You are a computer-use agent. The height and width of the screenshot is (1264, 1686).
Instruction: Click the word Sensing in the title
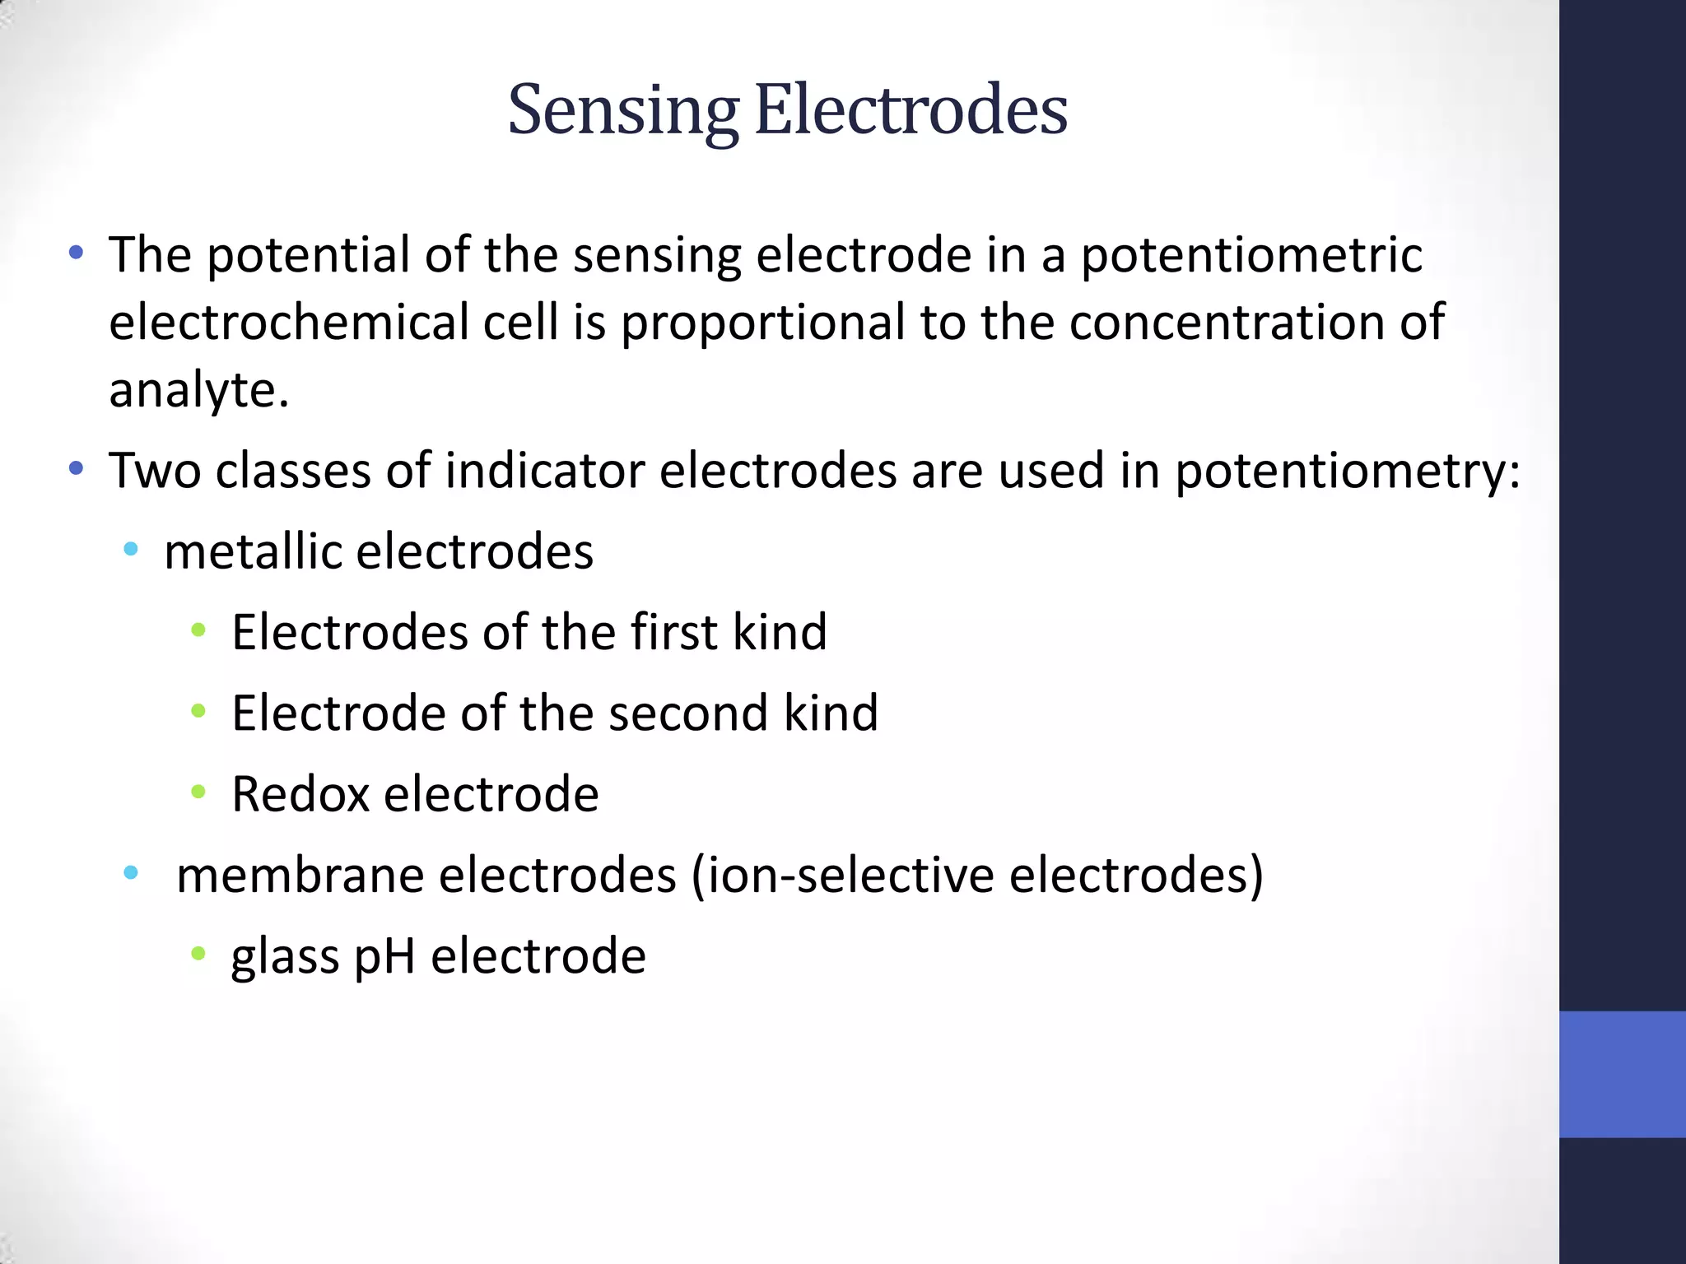click(x=622, y=112)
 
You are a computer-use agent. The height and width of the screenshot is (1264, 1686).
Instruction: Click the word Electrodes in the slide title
click(x=911, y=110)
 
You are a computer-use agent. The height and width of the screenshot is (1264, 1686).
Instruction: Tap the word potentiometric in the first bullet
click(x=1251, y=255)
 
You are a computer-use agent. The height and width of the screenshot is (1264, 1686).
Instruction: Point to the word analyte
click(x=198, y=389)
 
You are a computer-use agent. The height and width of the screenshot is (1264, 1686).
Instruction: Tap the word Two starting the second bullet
click(x=155, y=471)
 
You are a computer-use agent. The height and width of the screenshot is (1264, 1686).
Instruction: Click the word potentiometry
click(x=1347, y=472)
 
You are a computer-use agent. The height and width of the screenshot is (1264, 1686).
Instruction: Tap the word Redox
click(x=300, y=794)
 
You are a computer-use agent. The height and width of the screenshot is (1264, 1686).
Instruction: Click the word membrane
click(x=300, y=875)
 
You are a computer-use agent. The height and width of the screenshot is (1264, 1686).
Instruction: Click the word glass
click(x=285, y=957)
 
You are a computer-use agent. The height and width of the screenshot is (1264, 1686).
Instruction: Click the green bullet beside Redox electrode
click(x=198, y=792)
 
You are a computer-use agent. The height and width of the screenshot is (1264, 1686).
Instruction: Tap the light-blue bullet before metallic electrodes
click(x=130, y=550)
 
